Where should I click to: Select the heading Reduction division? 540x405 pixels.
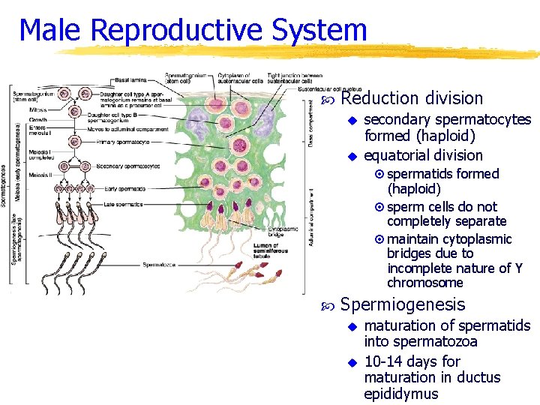pyautogui.click(x=412, y=98)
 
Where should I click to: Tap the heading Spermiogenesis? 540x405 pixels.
pyautogui.click(x=403, y=304)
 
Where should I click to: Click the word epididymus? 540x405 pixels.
pyautogui.click(x=401, y=394)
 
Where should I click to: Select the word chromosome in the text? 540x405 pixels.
pyautogui.click(x=424, y=283)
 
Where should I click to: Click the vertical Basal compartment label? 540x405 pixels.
pyautogui.click(x=311, y=124)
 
